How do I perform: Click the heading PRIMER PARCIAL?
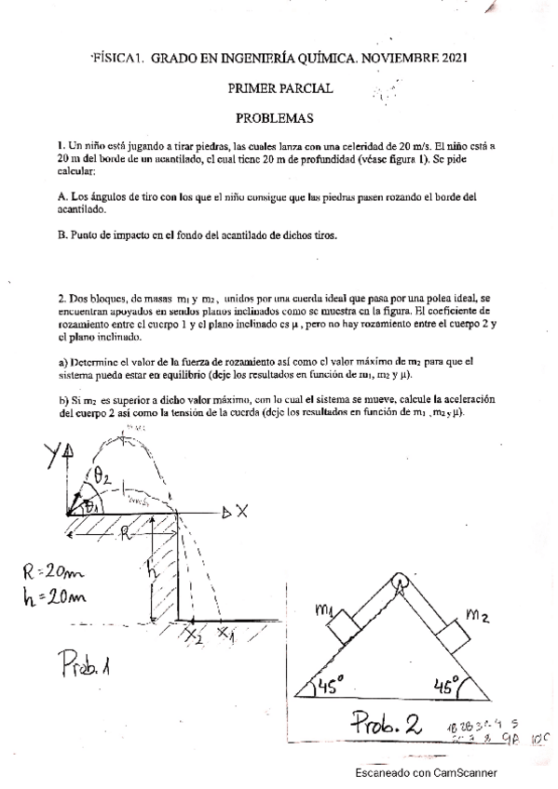[x=279, y=88]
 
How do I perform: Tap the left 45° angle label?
[x=331, y=687]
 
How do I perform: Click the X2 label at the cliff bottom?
[x=193, y=636]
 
